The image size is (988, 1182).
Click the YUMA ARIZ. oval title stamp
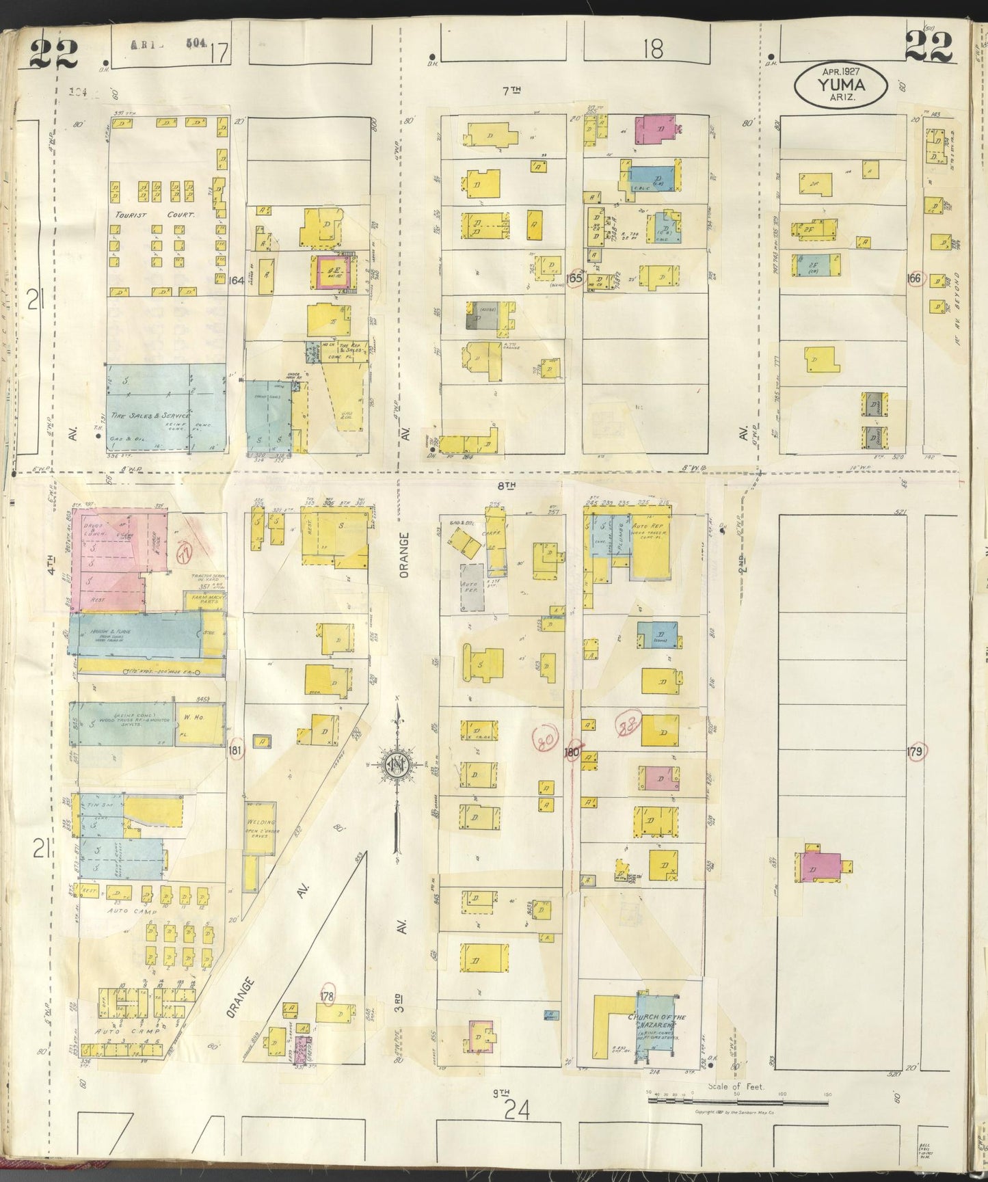point(840,85)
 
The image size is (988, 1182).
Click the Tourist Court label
point(155,214)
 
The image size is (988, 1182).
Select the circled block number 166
point(913,278)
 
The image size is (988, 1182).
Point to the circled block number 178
point(327,997)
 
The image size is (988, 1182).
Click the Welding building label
point(260,822)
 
